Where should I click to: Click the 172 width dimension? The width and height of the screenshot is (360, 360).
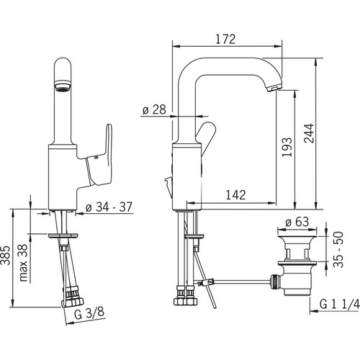pos(225,40)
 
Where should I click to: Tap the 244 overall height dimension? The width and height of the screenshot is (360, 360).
pos(309,133)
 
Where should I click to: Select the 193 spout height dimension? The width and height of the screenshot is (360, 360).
pos(287,147)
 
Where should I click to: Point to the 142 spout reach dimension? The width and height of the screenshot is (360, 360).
pos(236,195)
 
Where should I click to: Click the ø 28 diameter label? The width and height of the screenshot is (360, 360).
pos(154,109)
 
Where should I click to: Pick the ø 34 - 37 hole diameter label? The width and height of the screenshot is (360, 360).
pos(109,207)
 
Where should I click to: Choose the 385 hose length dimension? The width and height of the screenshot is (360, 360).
pos(6,255)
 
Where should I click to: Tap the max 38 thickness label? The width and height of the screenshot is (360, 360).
pos(24,263)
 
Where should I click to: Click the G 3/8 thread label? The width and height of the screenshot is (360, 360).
pos(89,313)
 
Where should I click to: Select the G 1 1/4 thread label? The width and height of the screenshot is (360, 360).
pos(340,305)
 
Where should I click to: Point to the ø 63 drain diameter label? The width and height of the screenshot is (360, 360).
pos(297,222)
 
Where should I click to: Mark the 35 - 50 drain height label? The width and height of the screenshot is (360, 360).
pos(338,250)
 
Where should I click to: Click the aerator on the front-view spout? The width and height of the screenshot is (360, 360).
pos(63,86)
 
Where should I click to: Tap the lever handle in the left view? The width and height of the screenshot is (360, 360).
pos(99,156)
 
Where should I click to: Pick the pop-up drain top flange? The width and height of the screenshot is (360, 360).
pos(297,238)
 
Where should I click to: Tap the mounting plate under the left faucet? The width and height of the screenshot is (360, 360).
pos(63,235)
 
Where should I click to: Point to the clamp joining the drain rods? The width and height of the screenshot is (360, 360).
pos(206,283)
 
